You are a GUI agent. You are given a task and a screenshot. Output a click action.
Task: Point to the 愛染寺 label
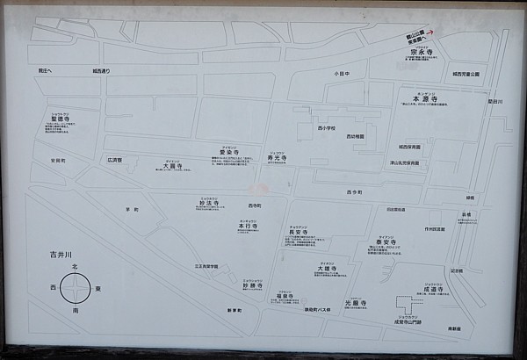tap(230, 153)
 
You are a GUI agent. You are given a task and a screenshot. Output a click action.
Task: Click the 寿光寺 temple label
tap(278, 158)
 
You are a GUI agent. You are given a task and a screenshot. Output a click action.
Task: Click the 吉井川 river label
tap(60, 255)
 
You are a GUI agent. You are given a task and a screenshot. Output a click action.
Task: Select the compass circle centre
tap(76, 287)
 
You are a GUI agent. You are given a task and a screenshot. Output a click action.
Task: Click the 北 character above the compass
tap(76, 265)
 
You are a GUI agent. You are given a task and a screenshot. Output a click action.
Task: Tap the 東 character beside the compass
tap(97, 287)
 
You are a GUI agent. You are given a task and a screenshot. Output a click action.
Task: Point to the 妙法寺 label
tap(208, 206)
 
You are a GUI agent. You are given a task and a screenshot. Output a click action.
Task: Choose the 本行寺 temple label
tap(249, 226)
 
